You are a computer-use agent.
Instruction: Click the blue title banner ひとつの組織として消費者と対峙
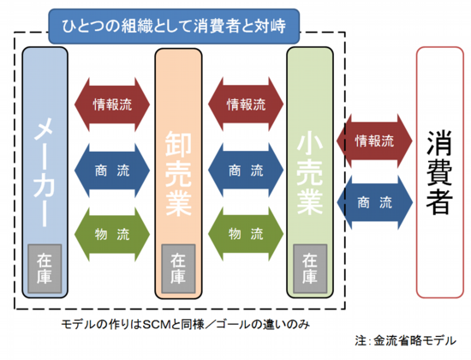click(x=174, y=27)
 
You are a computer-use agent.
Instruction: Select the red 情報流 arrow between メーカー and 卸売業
click(x=112, y=105)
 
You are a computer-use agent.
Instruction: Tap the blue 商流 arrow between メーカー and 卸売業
click(x=112, y=171)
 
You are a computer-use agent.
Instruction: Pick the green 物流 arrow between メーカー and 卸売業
click(x=112, y=234)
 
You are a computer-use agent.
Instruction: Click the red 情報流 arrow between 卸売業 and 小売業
click(x=246, y=105)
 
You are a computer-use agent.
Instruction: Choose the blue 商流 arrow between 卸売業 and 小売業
click(x=246, y=171)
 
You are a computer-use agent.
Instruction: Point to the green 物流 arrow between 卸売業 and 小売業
click(x=246, y=234)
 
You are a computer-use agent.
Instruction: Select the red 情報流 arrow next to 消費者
click(x=374, y=141)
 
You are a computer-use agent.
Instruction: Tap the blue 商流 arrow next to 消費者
click(x=374, y=202)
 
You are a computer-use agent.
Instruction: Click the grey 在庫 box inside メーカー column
click(x=45, y=268)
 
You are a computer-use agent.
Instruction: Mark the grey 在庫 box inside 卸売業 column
click(x=178, y=268)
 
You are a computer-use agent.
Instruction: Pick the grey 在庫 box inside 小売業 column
click(x=310, y=268)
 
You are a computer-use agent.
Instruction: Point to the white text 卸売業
click(x=178, y=173)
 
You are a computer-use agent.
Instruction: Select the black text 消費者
click(x=439, y=172)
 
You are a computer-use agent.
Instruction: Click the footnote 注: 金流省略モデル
click(x=406, y=341)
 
